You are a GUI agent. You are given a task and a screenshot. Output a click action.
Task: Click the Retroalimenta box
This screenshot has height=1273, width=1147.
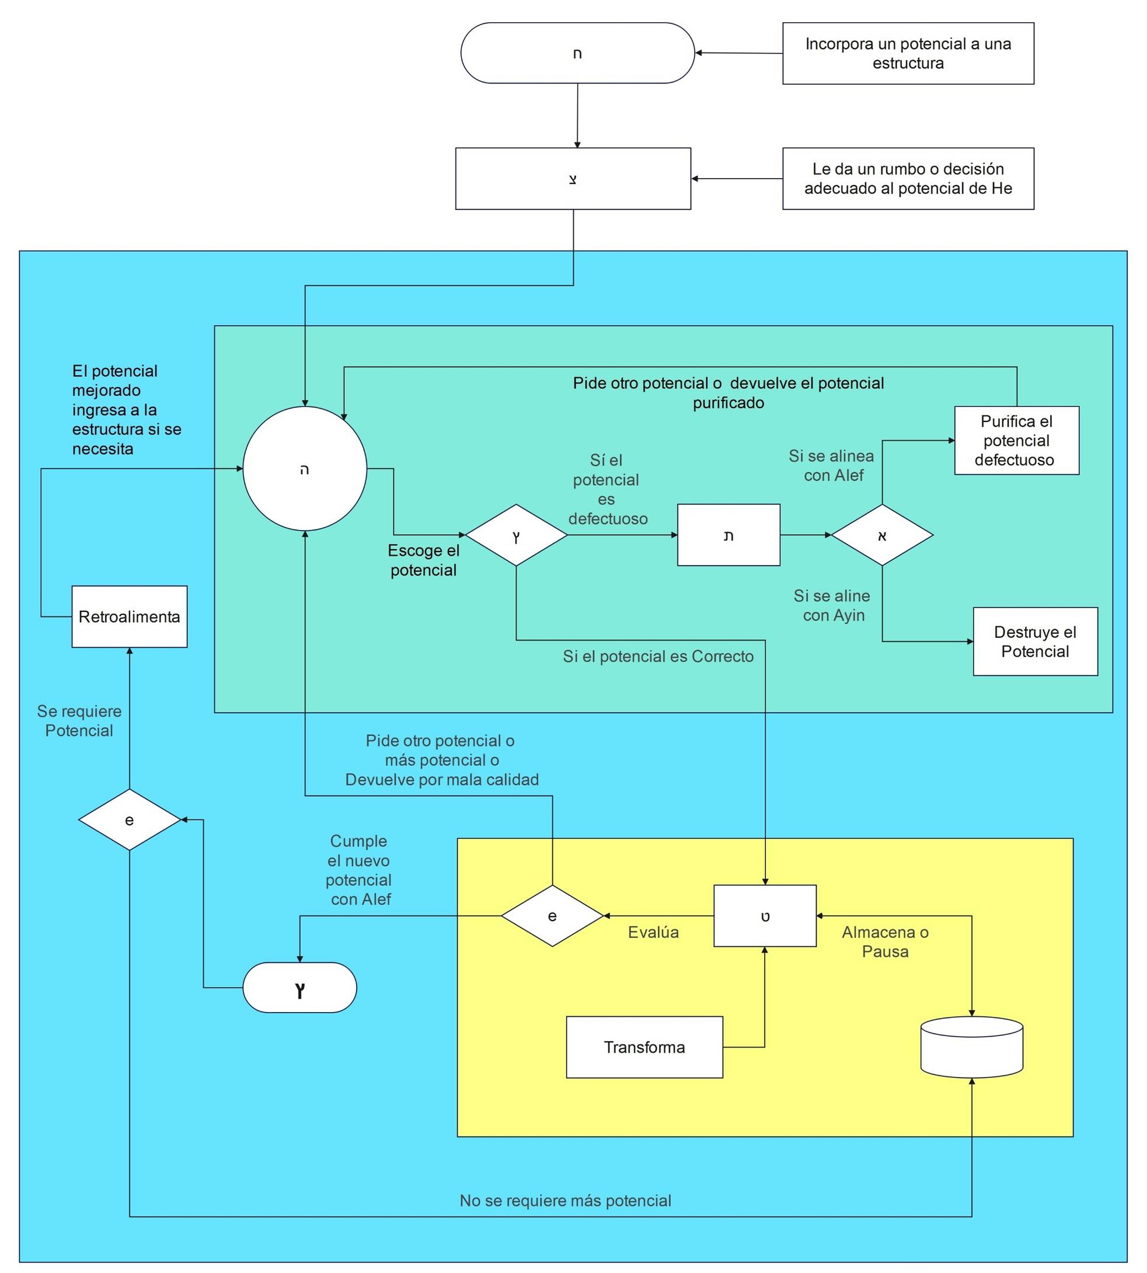click(x=129, y=616)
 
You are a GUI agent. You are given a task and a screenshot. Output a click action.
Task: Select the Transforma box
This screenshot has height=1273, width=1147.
click(x=644, y=1047)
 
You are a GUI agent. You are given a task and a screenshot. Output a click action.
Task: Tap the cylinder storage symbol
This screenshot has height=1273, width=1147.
click(x=971, y=1047)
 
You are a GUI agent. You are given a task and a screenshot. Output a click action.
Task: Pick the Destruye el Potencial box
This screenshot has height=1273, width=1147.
click(x=1035, y=641)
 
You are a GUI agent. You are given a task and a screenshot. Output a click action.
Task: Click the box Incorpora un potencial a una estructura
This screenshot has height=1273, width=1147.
click(x=908, y=54)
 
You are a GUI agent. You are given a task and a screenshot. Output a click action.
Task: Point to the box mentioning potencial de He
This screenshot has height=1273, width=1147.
click(x=908, y=179)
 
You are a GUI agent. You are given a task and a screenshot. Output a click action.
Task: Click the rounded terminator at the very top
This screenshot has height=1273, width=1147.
click(x=577, y=54)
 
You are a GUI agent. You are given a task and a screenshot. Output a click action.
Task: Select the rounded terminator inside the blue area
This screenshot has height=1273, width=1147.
click(x=299, y=988)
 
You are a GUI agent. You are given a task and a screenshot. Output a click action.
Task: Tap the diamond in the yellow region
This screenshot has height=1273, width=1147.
click(x=552, y=916)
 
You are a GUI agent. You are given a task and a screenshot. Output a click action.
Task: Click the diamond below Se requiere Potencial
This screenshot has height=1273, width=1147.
click(x=129, y=820)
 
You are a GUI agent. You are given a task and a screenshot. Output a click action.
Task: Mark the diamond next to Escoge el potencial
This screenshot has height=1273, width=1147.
click(x=516, y=535)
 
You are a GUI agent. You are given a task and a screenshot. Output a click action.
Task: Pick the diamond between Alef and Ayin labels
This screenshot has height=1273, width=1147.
click(x=881, y=535)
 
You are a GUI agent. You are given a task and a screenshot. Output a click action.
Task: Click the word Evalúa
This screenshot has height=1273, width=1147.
click(x=653, y=932)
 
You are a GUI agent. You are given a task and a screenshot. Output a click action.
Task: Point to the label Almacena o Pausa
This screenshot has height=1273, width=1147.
click(x=885, y=941)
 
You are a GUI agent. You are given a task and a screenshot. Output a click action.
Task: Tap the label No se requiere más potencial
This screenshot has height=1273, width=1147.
click(x=565, y=1201)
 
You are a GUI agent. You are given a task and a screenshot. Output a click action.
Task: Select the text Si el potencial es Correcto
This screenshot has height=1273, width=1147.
click(x=658, y=657)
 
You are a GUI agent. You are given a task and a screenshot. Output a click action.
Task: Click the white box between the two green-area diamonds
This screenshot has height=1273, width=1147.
click(x=728, y=535)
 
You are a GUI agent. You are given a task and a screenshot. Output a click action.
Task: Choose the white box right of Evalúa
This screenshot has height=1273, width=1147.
click(x=765, y=916)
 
